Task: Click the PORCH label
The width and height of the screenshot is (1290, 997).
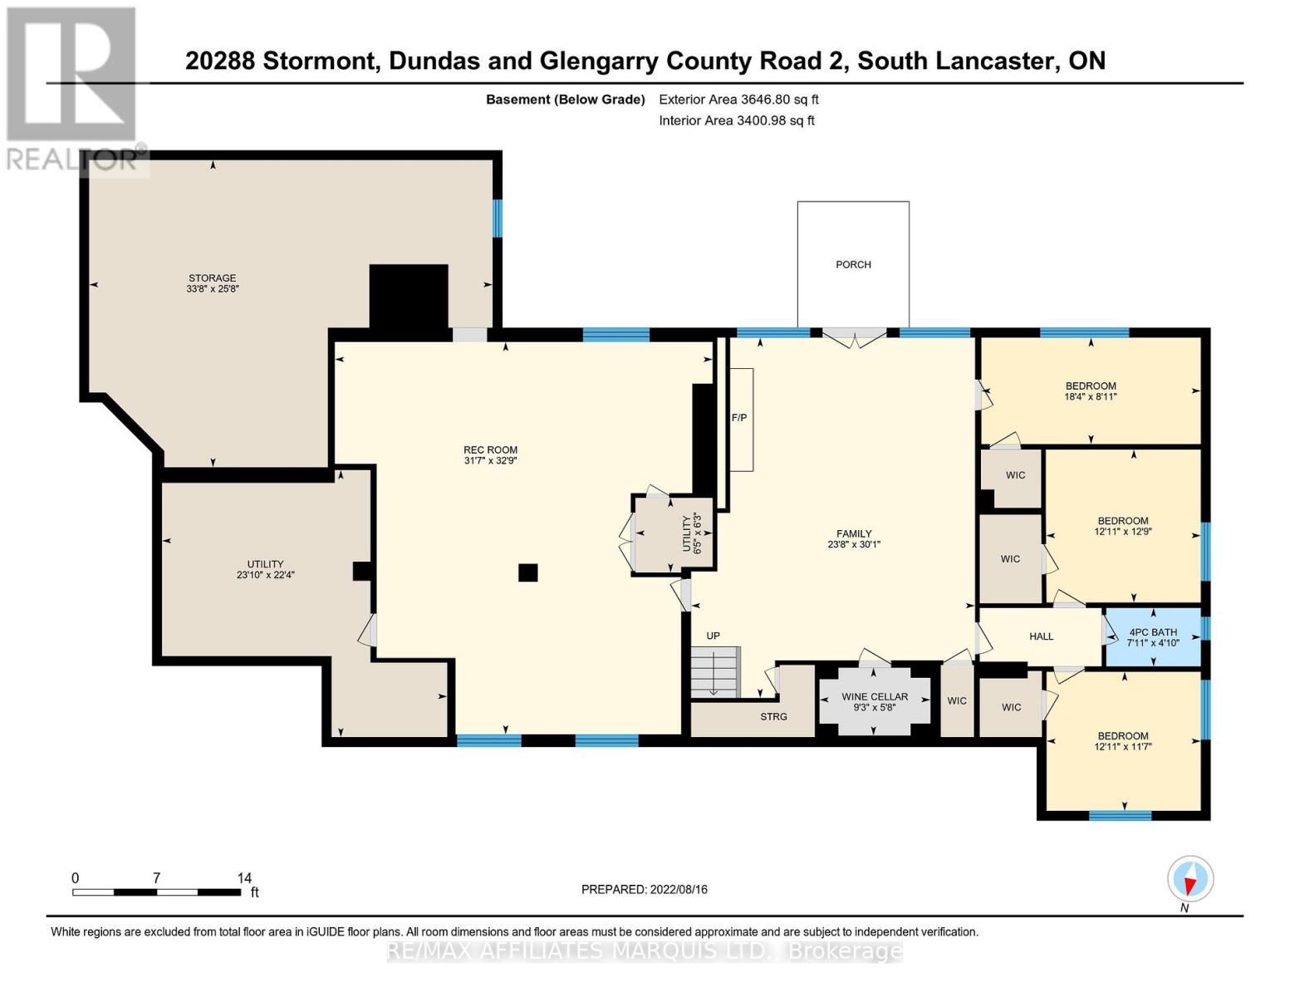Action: point(853,264)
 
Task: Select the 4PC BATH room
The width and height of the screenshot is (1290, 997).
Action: point(1153,637)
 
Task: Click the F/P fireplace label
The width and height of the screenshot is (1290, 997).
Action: point(739,418)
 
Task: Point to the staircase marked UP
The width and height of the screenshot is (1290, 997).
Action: point(714,671)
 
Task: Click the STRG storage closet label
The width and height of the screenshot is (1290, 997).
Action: point(773,716)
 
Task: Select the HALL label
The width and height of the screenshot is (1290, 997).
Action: point(1041,636)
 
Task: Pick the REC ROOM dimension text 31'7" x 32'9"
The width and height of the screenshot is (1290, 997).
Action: point(490,460)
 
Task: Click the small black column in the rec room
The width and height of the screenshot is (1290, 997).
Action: point(527,572)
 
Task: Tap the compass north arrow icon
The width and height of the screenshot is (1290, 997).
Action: point(1190,879)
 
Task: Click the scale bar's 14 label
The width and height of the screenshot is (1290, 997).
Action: point(244,878)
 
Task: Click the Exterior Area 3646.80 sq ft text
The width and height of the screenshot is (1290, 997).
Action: point(738,100)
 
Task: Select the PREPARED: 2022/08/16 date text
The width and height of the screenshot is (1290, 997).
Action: point(644,889)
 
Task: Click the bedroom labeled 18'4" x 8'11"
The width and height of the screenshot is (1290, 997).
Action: point(1091,391)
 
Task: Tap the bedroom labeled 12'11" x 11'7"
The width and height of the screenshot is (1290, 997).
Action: point(1123,741)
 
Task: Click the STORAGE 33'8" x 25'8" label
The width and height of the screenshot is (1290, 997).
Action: point(213,283)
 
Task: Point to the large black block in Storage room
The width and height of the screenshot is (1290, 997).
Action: point(409,297)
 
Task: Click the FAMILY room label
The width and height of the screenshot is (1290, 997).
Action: point(854,539)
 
